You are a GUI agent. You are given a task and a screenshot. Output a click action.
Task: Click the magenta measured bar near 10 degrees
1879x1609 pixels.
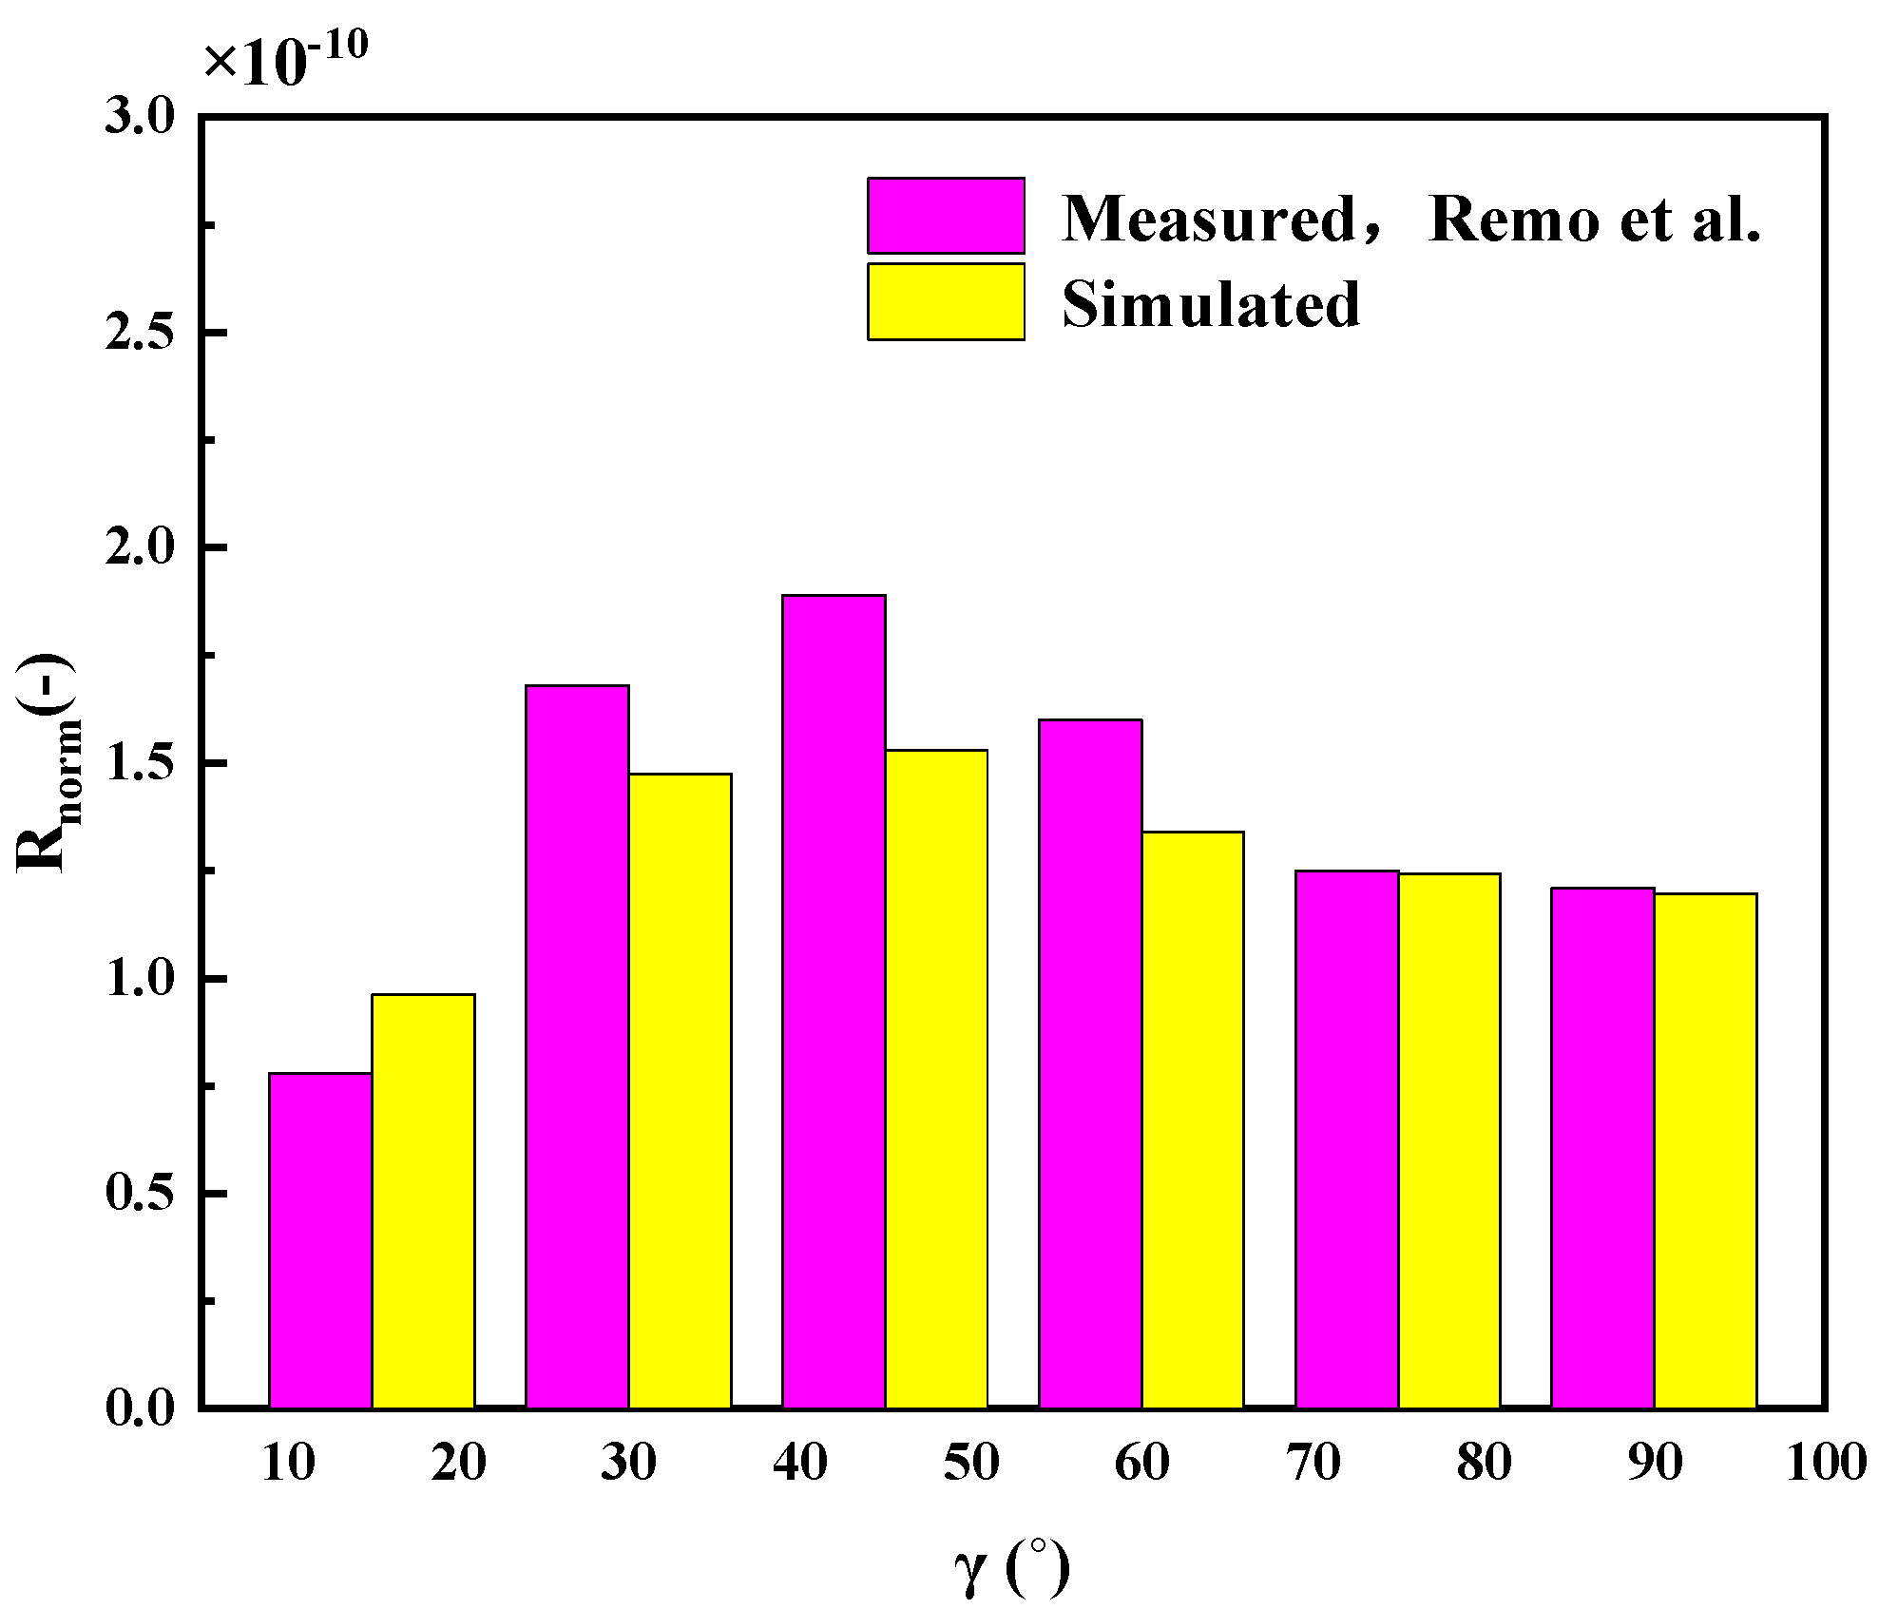click(x=320, y=1240)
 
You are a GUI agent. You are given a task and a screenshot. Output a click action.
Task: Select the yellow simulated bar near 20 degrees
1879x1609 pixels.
click(x=423, y=1200)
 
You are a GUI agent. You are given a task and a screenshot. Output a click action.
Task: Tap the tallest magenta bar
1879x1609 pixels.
click(x=834, y=1001)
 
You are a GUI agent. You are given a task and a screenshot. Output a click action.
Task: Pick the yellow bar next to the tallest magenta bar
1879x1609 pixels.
click(x=936, y=1079)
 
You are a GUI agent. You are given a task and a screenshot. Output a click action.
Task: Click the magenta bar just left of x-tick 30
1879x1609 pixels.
click(x=577, y=1045)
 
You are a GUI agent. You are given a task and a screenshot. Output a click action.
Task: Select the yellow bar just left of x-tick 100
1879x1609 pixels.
click(x=1705, y=1150)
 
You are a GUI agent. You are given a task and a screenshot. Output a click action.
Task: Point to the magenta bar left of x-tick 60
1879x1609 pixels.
click(x=1090, y=1063)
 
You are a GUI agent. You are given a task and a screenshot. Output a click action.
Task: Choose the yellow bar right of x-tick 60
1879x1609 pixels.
click(x=1193, y=1120)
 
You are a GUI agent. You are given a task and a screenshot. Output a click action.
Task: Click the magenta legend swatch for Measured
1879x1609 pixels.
click(x=946, y=216)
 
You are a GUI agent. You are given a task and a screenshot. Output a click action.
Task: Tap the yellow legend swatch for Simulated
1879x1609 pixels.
click(x=946, y=301)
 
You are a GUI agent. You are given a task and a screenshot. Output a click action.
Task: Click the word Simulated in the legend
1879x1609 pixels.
click(x=1211, y=305)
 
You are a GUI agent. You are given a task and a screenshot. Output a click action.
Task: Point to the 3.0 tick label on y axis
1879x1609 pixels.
click(x=140, y=117)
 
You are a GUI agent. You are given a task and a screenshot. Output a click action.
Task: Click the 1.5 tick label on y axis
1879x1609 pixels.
click(x=140, y=763)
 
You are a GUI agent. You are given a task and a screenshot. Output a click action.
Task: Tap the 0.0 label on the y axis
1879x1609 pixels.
click(x=140, y=1407)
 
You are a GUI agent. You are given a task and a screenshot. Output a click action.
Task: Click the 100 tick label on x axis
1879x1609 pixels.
click(x=1826, y=1464)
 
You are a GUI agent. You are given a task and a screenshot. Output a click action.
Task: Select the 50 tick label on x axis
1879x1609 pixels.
click(x=970, y=1464)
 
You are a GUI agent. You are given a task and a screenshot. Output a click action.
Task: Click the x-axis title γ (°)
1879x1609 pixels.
click(x=1011, y=1568)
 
